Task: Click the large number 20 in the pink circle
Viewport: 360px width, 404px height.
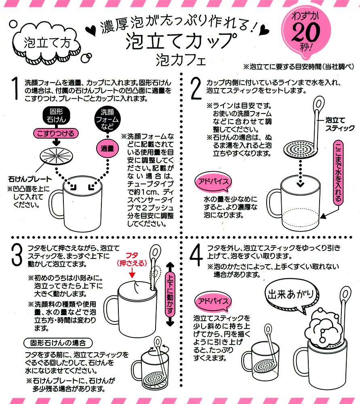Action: point(306,32)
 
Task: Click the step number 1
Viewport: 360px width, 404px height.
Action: point(15,88)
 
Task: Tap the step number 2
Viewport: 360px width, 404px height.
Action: point(196,88)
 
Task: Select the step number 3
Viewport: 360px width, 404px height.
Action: point(17,255)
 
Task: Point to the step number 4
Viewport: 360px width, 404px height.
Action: point(196,255)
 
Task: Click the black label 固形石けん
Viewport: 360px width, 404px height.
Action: point(57,116)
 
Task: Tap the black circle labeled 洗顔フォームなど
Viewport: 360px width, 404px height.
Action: point(107,119)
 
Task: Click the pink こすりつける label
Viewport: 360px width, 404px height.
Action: point(55,133)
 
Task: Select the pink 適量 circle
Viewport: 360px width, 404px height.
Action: point(107,149)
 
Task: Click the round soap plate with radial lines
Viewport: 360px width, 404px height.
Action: point(56,156)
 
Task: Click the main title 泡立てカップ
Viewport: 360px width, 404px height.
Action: point(181,41)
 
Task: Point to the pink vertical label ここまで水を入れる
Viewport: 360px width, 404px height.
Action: point(338,173)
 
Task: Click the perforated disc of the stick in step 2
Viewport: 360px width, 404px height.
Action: point(300,149)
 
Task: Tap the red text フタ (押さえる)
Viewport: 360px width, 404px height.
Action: point(132,259)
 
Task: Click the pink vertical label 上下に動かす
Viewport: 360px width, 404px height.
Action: point(170,294)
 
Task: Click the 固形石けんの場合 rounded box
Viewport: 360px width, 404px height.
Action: point(58,343)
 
